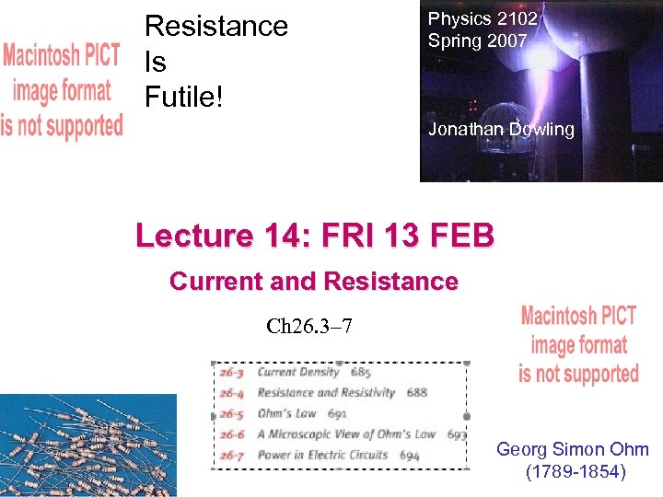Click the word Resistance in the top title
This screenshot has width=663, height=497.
click(x=216, y=27)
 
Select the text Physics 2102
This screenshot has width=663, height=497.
click(x=483, y=18)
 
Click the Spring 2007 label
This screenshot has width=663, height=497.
click(x=477, y=40)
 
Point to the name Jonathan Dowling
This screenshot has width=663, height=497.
click(x=501, y=130)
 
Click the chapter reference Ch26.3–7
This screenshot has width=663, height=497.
click(x=308, y=327)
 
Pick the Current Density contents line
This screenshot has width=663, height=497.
click(x=299, y=373)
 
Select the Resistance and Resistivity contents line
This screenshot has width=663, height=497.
click(x=326, y=393)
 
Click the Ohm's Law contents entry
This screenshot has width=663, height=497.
click(x=287, y=413)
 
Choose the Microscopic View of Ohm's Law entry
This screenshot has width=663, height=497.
click(x=346, y=433)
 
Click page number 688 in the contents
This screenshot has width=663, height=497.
click(x=417, y=393)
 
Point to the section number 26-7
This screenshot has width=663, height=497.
click(x=231, y=455)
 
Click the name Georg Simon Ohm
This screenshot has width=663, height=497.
click(x=573, y=450)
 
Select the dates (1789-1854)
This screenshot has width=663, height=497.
click(x=573, y=473)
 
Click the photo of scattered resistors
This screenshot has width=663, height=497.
click(x=87, y=445)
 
